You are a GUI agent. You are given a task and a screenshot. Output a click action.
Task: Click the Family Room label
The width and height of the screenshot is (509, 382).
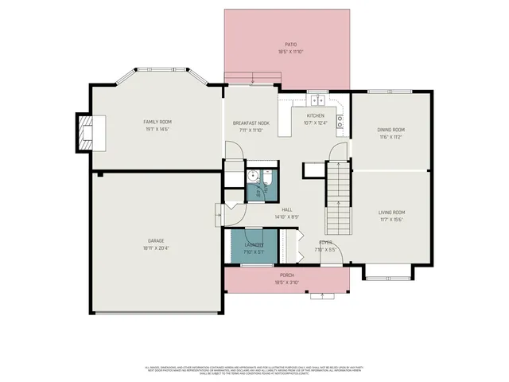157,122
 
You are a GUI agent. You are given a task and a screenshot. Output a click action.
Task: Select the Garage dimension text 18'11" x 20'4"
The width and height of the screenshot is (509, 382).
157,248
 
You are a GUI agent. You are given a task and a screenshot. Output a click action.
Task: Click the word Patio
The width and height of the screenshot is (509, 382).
291,45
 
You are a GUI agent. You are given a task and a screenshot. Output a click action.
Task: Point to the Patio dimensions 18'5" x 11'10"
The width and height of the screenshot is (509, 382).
291,52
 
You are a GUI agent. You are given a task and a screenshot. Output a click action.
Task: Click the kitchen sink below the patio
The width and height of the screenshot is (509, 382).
317,100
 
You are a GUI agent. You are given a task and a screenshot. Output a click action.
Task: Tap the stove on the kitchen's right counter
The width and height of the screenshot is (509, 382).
340,122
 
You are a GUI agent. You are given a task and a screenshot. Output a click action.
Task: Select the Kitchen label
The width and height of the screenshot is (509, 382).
316,115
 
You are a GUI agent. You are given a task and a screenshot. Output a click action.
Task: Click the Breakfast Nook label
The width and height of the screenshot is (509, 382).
251,123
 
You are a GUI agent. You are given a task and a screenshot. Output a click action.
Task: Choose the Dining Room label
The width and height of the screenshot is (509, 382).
390,130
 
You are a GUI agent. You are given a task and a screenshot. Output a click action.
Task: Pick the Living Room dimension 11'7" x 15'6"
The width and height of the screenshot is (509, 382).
391,220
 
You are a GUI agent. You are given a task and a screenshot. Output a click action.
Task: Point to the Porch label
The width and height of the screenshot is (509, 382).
286,275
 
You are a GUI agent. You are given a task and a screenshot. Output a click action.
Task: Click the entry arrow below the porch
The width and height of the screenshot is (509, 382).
321,297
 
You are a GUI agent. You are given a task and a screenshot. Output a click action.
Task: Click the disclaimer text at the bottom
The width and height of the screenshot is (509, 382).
254,370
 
